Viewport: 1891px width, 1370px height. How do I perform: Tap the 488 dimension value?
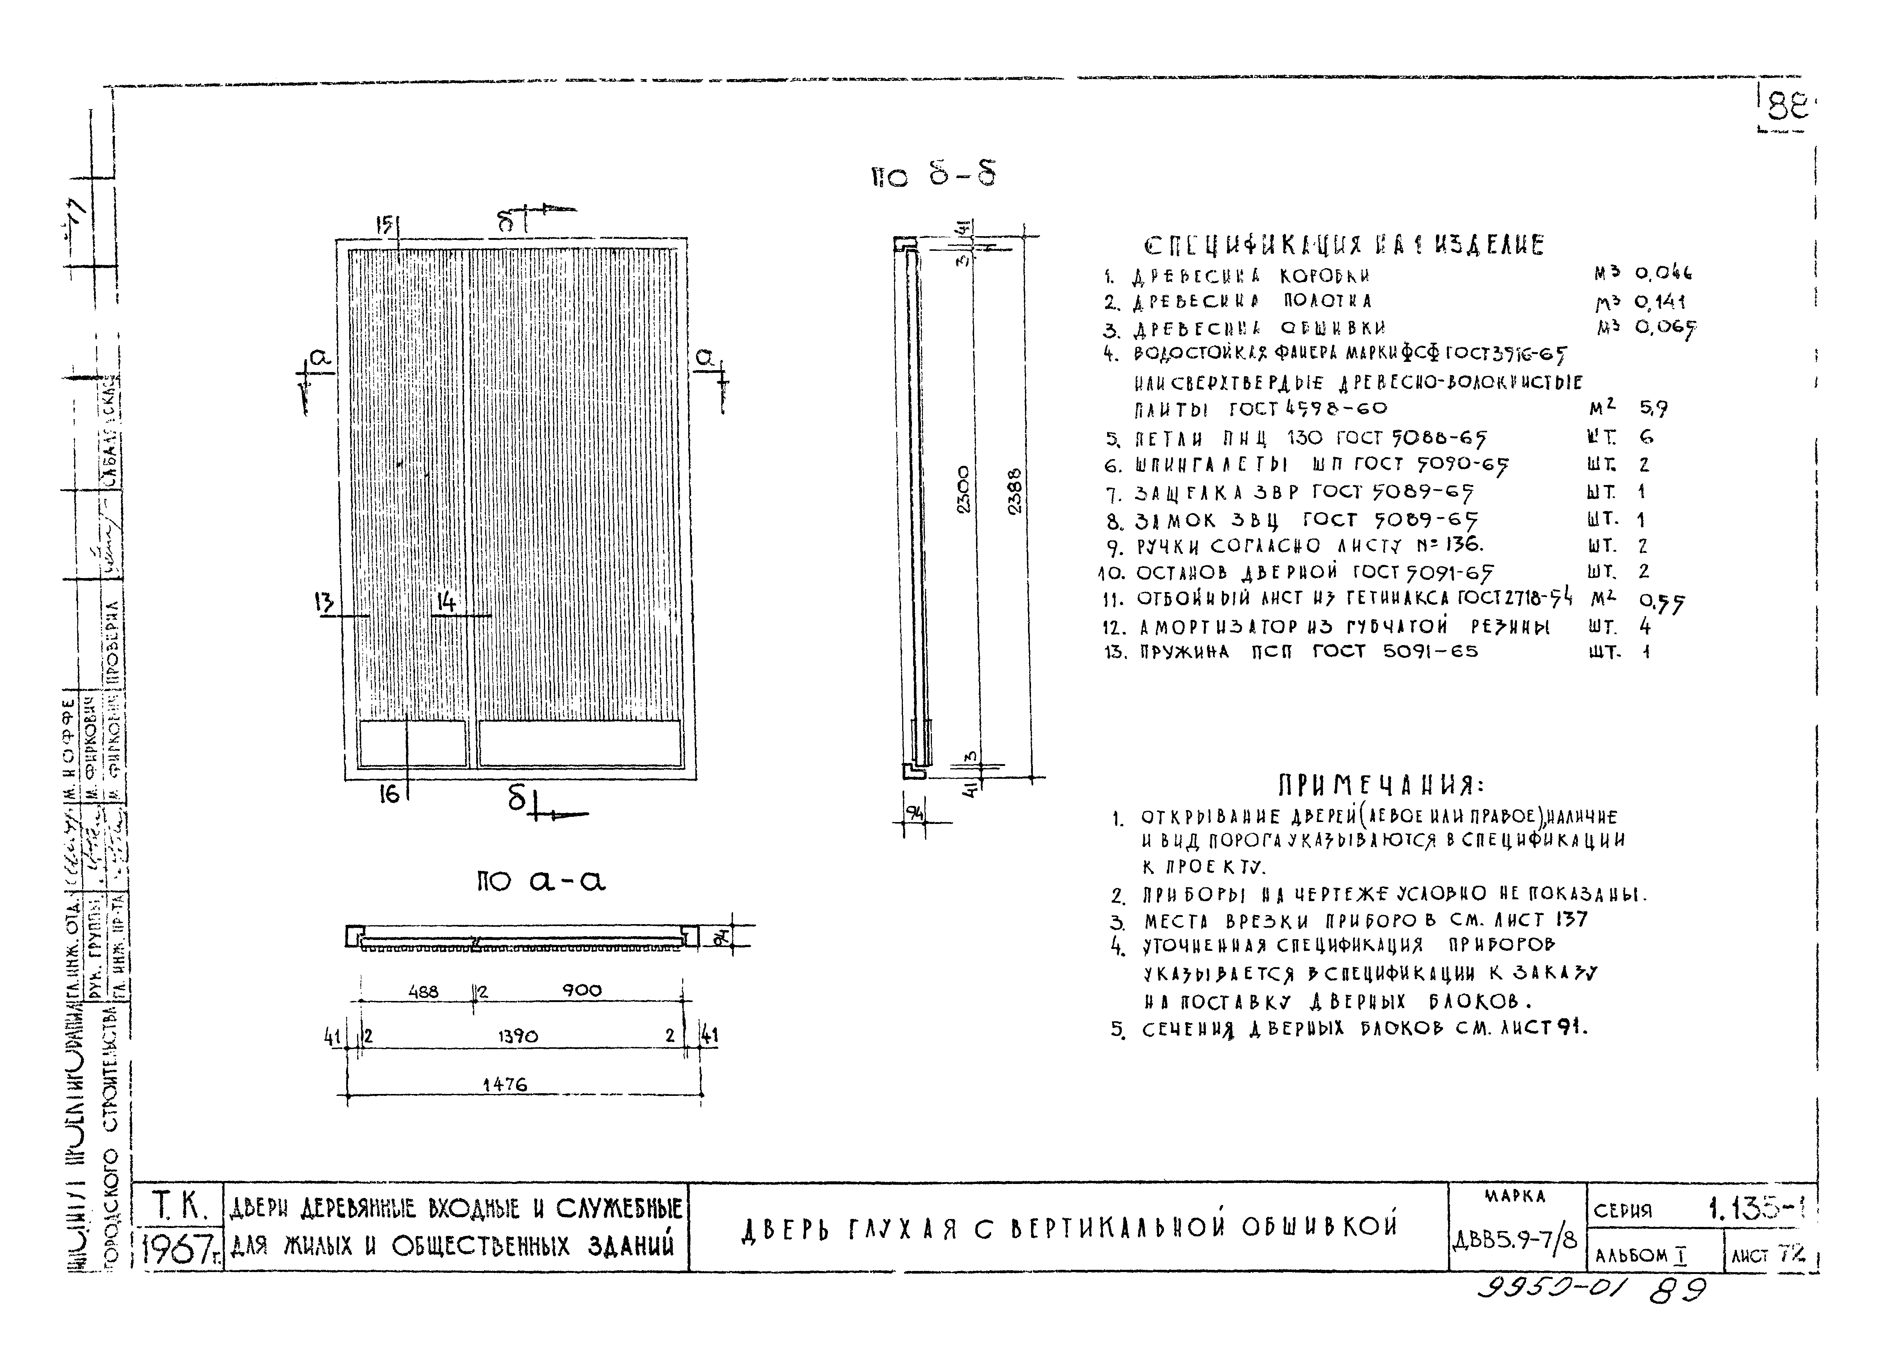pyautogui.click(x=423, y=991)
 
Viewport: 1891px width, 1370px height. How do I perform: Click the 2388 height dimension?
pyautogui.click(x=1014, y=492)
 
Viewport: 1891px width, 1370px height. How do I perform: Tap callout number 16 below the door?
pyautogui.click(x=388, y=794)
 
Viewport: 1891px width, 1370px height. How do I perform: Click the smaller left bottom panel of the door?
pyautogui.click(x=412, y=743)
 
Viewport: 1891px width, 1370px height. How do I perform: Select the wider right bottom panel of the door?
pyautogui.click(x=579, y=743)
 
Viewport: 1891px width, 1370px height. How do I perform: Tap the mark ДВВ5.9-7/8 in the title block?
pyautogui.click(x=1514, y=1240)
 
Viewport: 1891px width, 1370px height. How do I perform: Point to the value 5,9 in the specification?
pyautogui.click(x=1653, y=408)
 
